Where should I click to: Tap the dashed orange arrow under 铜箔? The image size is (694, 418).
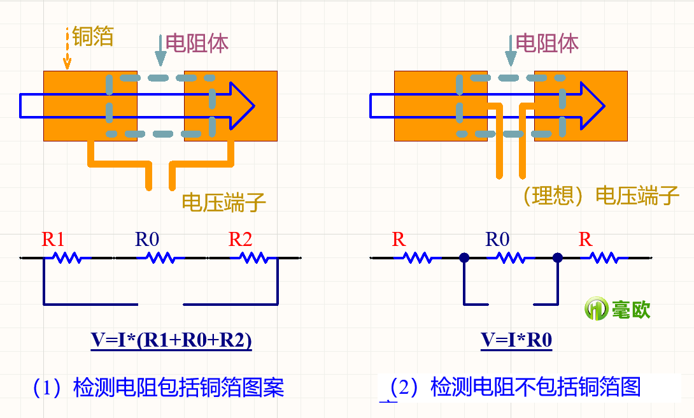pyautogui.click(x=67, y=48)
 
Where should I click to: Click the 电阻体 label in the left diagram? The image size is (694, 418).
pyautogui.click(x=197, y=43)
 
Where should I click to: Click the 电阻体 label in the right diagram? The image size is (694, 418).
pyautogui.click(x=547, y=43)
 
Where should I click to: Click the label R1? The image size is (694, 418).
pyautogui.click(x=53, y=240)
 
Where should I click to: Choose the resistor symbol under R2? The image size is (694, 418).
pyautogui.click(x=253, y=258)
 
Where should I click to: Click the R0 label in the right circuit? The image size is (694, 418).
pyautogui.click(x=497, y=240)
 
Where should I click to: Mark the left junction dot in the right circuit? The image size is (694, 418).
pyautogui.click(x=464, y=258)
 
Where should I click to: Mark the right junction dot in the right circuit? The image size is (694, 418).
pyautogui.click(x=558, y=258)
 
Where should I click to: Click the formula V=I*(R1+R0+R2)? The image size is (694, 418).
pyautogui.click(x=171, y=340)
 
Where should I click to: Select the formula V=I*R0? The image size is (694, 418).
pyautogui.click(x=516, y=340)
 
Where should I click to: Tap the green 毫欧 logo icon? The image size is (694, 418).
pyautogui.click(x=597, y=309)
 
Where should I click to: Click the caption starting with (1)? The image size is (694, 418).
pyautogui.click(x=159, y=387)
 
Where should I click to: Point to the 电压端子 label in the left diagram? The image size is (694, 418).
pyautogui.click(x=223, y=202)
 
